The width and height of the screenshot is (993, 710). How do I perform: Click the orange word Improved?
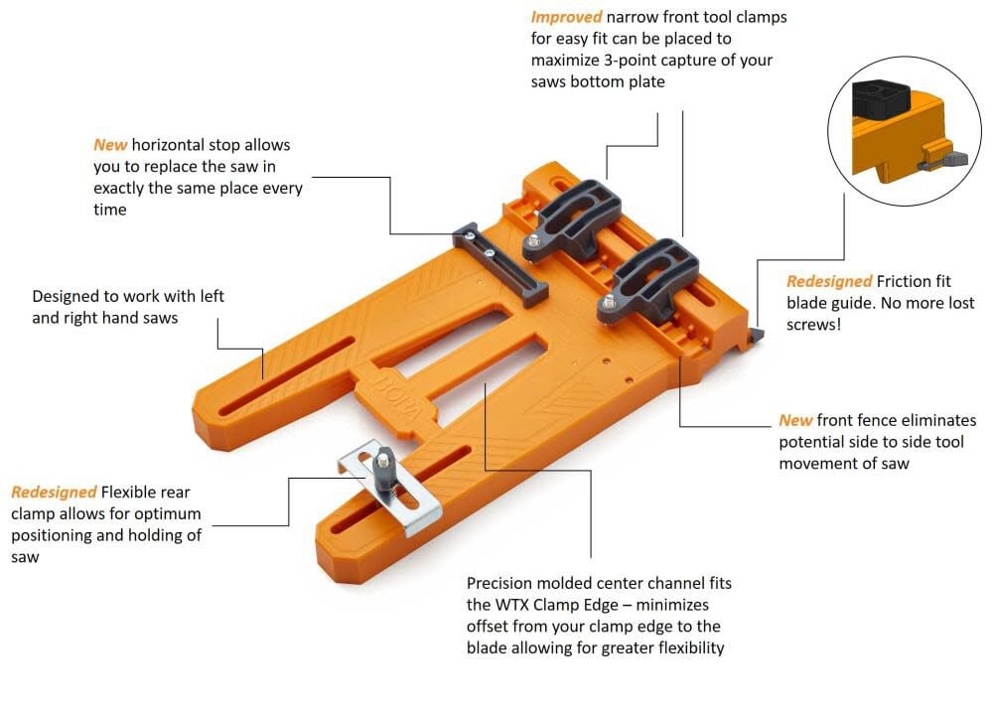click(566, 17)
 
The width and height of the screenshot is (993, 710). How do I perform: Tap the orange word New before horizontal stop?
click(110, 145)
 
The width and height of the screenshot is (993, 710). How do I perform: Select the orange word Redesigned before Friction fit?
click(829, 281)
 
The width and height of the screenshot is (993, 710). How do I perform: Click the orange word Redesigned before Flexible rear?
click(54, 493)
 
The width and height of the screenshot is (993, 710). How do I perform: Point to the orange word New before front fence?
click(795, 421)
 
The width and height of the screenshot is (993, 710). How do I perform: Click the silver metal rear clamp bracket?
click(389, 488)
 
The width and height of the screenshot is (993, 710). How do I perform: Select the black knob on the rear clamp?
click(383, 469)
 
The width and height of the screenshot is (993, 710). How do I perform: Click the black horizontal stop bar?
click(500, 264)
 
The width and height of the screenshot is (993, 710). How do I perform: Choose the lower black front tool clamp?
click(647, 279)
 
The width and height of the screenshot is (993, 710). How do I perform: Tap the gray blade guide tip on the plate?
click(756, 335)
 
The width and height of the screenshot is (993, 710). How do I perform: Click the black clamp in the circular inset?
click(881, 99)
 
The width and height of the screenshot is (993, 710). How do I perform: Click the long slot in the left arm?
click(286, 376)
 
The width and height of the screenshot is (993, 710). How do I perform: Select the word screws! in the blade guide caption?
click(814, 325)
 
